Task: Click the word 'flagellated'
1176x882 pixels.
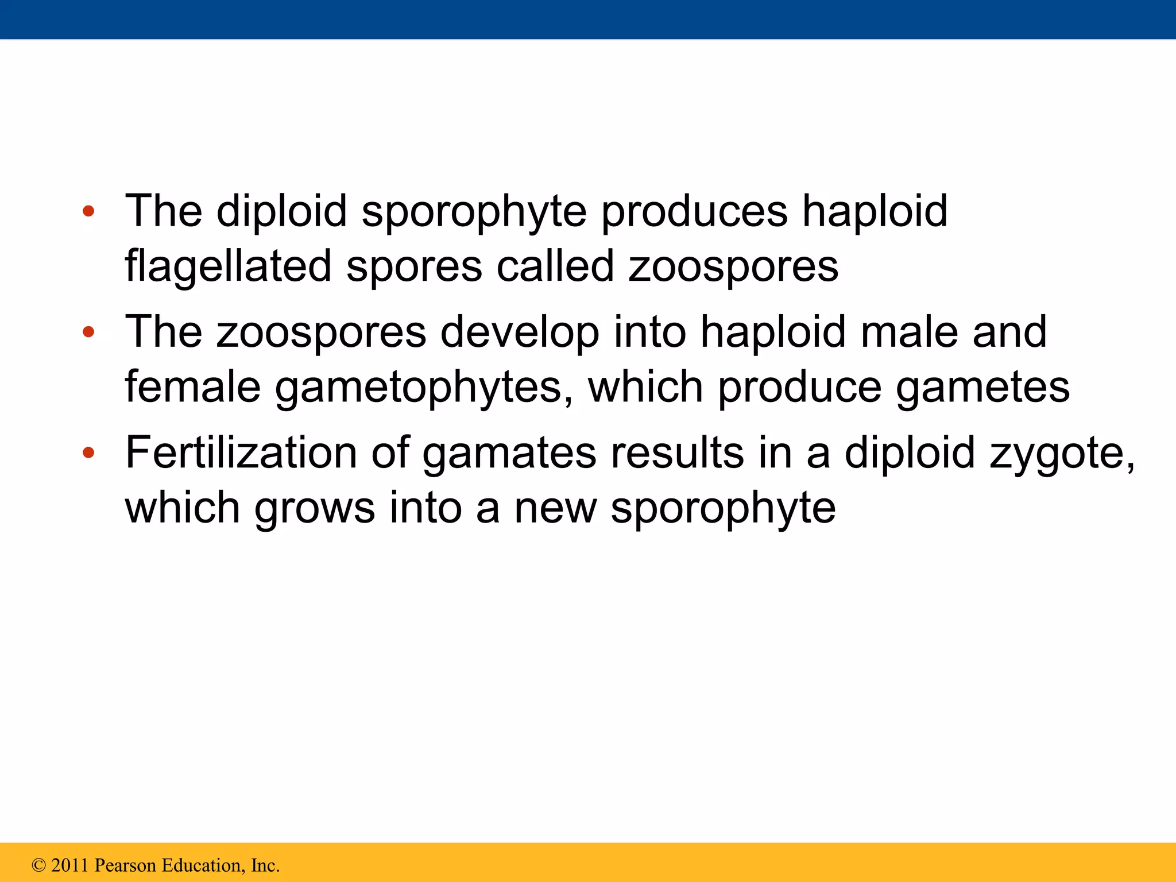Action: pos(228,266)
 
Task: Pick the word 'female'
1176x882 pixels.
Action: pos(192,387)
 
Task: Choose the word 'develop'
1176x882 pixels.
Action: pos(519,333)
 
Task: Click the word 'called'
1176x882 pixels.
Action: pos(555,266)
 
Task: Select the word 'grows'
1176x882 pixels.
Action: pos(315,509)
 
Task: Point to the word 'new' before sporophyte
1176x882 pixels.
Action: pos(555,509)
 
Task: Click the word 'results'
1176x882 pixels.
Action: pos(677,453)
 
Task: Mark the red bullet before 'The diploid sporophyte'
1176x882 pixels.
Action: pos(88,211)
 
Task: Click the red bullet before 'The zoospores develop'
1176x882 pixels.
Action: pos(88,332)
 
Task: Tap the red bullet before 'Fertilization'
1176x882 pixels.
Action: pos(88,453)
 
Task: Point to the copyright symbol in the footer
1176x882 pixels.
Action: pos(38,865)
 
